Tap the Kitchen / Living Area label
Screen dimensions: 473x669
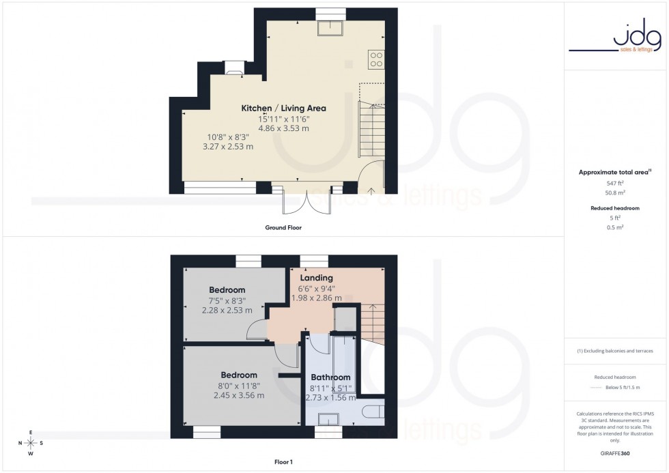(283, 108)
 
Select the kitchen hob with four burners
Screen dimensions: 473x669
(375, 59)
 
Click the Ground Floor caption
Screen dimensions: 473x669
(283, 227)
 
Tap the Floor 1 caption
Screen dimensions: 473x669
(283, 462)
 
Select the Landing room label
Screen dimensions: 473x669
(317, 278)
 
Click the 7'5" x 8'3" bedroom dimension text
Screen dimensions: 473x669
(227, 300)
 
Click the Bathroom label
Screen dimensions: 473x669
(330, 377)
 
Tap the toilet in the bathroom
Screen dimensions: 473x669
(373, 412)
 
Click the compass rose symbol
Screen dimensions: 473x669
(31, 442)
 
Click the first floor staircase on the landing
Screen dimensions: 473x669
(371, 321)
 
